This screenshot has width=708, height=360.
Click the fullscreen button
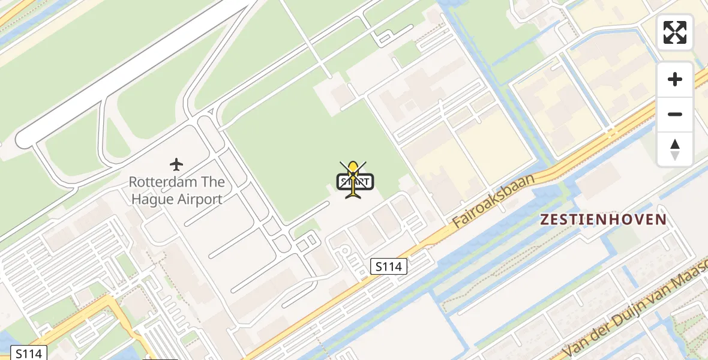tap(675, 32)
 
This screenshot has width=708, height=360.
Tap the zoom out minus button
tap(675, 114)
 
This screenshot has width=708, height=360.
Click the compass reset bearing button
tap(675, 149)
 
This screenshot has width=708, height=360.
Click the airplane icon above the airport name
tap(176, 164)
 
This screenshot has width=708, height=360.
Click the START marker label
tap(356, 181)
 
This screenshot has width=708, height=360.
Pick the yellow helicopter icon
tap(353, 178)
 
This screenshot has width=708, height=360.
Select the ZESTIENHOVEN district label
tap(604, 220)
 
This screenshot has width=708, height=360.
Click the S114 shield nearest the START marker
tap(388, 266)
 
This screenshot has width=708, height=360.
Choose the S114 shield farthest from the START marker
tap(29, 353)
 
